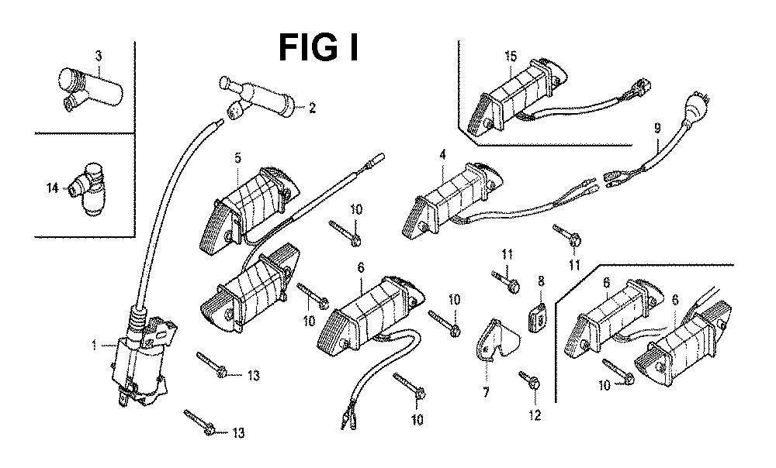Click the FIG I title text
318,48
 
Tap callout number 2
312,108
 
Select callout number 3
98,55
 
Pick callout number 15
510,56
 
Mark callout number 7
486,393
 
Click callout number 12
534,415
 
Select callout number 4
442,155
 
